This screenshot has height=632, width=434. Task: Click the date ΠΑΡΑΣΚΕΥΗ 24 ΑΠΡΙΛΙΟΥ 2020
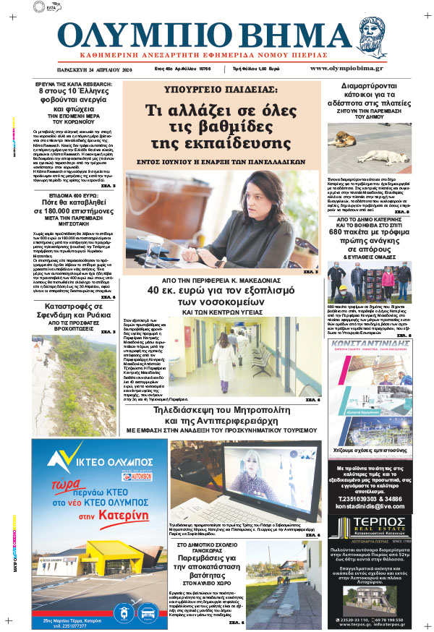point(95,70)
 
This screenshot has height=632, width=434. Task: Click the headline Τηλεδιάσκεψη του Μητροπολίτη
point(221,414)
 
